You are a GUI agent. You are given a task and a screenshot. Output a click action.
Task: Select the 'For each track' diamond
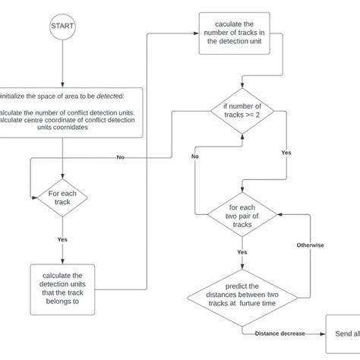[62, 197]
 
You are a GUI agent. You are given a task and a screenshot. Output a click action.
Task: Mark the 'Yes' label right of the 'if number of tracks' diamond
[286, 151]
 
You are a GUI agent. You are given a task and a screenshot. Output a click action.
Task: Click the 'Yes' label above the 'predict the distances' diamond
[242, 252]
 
